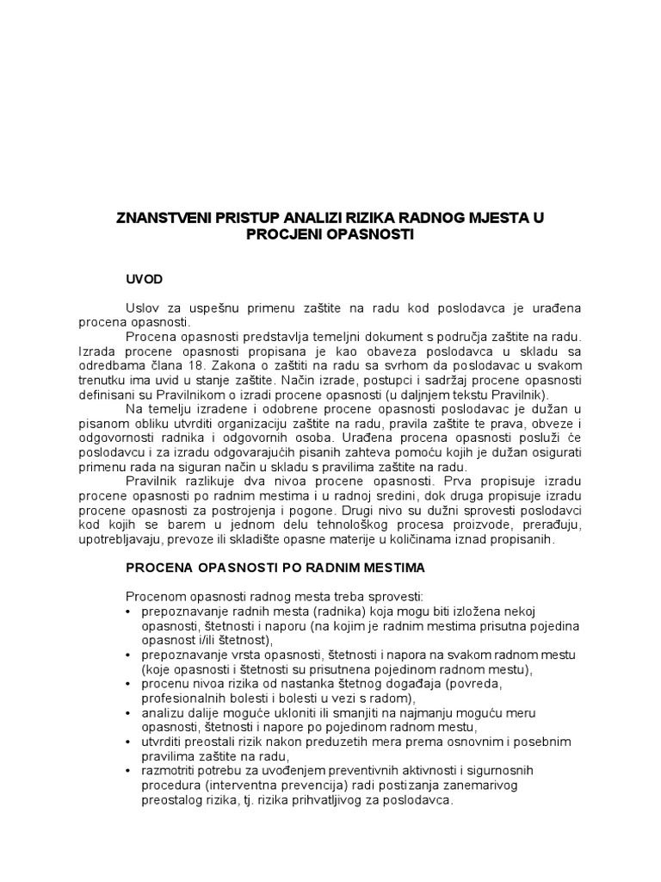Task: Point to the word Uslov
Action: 142,307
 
